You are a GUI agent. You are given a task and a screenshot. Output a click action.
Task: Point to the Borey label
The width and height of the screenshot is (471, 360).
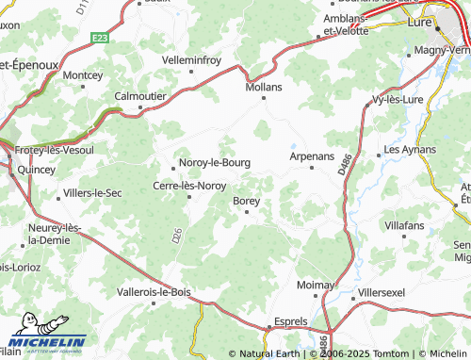click(247, 200)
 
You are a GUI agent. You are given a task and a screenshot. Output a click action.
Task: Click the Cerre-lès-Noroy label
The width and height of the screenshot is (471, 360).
click(189, 186)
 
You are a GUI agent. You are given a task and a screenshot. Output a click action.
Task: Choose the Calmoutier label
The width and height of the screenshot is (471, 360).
click(141, 95)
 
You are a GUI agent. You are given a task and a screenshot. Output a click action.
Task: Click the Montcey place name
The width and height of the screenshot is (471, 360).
click(83, 74)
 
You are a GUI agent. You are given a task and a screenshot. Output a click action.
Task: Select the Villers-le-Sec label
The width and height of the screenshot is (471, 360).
click(92, 193)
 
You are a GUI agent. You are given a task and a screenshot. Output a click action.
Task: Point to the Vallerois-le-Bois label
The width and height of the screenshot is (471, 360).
click(154, 292)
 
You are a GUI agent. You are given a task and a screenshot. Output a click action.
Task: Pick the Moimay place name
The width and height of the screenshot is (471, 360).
click(317, 284)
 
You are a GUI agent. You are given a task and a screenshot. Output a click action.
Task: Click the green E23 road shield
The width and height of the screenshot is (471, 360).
click(101, 38)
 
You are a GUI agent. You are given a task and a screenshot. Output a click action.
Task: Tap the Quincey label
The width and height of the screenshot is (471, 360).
click(37, 170)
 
